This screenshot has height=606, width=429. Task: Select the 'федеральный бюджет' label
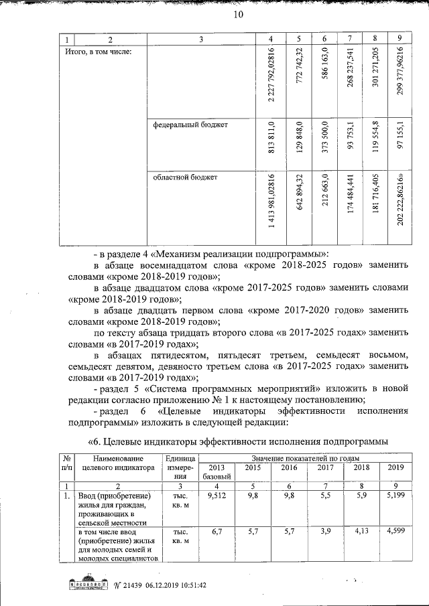click(190, 125)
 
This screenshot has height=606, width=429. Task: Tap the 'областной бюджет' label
click(186, 177)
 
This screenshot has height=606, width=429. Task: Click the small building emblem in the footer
click(88, 584)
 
